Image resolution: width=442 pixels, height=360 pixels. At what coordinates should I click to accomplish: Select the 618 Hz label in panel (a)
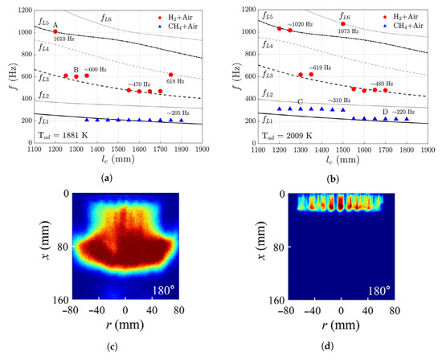[171, 82]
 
